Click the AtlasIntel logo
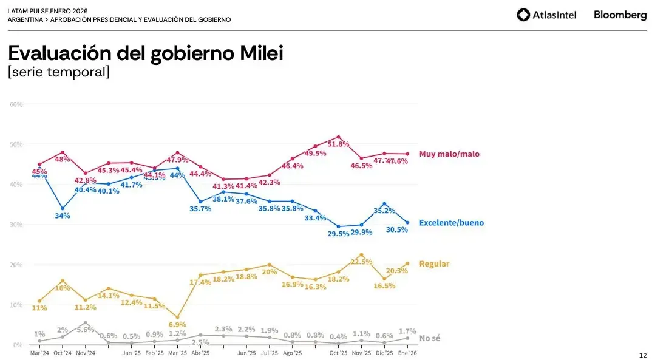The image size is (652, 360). pyautogui.click(x=546, y=15)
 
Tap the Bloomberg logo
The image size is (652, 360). pyautogui.click(x=620, y=15)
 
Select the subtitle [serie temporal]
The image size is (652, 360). pyautogui.click(x=59, y=72)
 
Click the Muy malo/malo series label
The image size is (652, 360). pyautogui.click(x=449, y=154)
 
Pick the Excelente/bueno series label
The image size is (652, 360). pyautogui.click(x=452, y=223)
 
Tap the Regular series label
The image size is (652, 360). pyautogui.click(x=434, y=264)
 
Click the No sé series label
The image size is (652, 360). pyautogui.click(x=430, y=338)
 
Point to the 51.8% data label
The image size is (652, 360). pyautogui.click(x=338, y=144)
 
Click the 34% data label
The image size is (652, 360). pyautogui.click(x=63, y=216)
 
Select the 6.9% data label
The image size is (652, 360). pyautogui.click(x=177, y=325)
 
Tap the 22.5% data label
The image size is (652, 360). pyautogui.click(x=361, y=262)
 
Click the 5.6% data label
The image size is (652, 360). pyautogui.click(x=86, y=330)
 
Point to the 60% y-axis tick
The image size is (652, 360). pyautogui.click(x=16, y=104)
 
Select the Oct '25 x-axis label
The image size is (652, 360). pyautogui.click(x=338, y=353)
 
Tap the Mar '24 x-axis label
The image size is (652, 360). pyautogui.click(x=39, y=353)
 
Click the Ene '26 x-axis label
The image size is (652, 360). pyautogui.click(x=407, y=353)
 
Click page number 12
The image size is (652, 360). pyautogui.click(x=643, y=355)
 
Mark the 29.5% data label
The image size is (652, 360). pyautogui.click(x=338, y=233)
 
